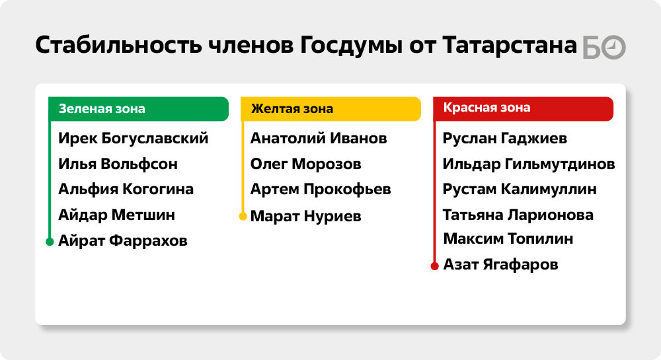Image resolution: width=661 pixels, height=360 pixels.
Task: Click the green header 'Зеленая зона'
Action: pyautogui.click(x=139, y=109)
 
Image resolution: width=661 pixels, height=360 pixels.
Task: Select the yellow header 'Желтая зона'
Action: pyautogui.click(x=331, y=109)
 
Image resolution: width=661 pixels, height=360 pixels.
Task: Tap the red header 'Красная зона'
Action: pyautogui.click(x=523, y=109)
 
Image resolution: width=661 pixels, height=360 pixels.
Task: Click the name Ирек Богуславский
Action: pyautogui.click(x=134, y=139)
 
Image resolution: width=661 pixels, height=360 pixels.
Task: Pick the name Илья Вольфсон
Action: pyautogui.click(x=118, y=164)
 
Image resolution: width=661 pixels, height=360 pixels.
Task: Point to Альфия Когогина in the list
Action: pyautogui.click(x=126, y=190)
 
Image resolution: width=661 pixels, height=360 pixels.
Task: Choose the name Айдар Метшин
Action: pyautogui.click(x=117, y=215)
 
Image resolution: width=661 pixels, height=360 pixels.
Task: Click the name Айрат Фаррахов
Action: pyautogui.click(x=123, y=241)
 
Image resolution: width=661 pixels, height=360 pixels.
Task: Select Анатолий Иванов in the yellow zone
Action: pyautogui.click(x=319, y=139)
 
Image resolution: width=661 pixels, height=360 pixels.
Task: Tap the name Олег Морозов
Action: pyautogui.click(x=305, y=164)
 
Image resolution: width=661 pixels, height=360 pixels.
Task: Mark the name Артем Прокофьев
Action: pyautogui.click(x=321, y=190)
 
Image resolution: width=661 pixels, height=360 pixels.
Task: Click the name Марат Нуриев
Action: pyautogui.click(x=305, y=217)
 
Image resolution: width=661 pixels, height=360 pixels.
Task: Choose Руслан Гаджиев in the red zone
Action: pyautogui.click(x=505, y=139)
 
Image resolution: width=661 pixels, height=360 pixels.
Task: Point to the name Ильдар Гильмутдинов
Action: pyautogui.click(x=529, y=164)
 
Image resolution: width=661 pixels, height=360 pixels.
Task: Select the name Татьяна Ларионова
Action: pyautogui.click(x=518, y=215)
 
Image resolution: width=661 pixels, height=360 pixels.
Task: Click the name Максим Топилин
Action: pyautogui.click(x=508, y=238)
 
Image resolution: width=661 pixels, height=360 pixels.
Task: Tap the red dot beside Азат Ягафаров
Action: pyautogui.click(x=435, y=266)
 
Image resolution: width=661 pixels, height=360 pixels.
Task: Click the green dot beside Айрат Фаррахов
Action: pyautogui.click(x=50, y=242)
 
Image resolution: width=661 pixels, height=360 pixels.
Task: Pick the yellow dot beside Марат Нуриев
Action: pyautogui.click(x=243, y=217)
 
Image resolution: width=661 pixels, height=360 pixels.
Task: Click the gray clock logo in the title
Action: pyautogui.click(x=613, y=48)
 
